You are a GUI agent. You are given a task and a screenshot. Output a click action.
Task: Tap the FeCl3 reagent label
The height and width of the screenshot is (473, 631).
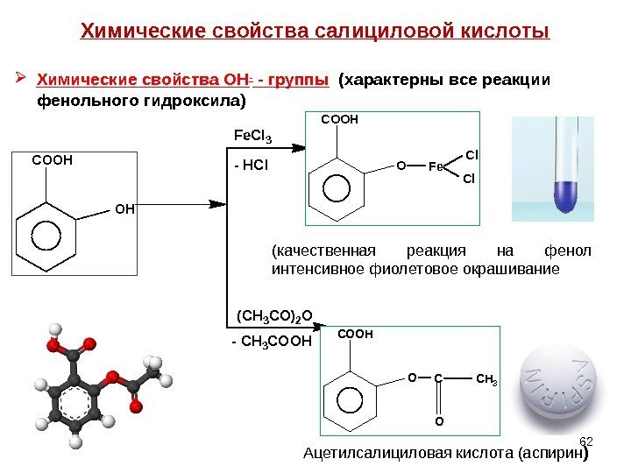[252, 137]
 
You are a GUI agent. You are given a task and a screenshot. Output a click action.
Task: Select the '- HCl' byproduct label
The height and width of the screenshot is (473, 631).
[250, 164]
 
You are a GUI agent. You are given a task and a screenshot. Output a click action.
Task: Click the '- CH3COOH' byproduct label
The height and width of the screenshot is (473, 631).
[271, 341]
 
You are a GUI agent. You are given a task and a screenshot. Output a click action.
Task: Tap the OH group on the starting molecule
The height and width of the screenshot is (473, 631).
[124, 208]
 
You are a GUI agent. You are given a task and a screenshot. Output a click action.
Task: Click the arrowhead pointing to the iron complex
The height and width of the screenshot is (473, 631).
[218, 204]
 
